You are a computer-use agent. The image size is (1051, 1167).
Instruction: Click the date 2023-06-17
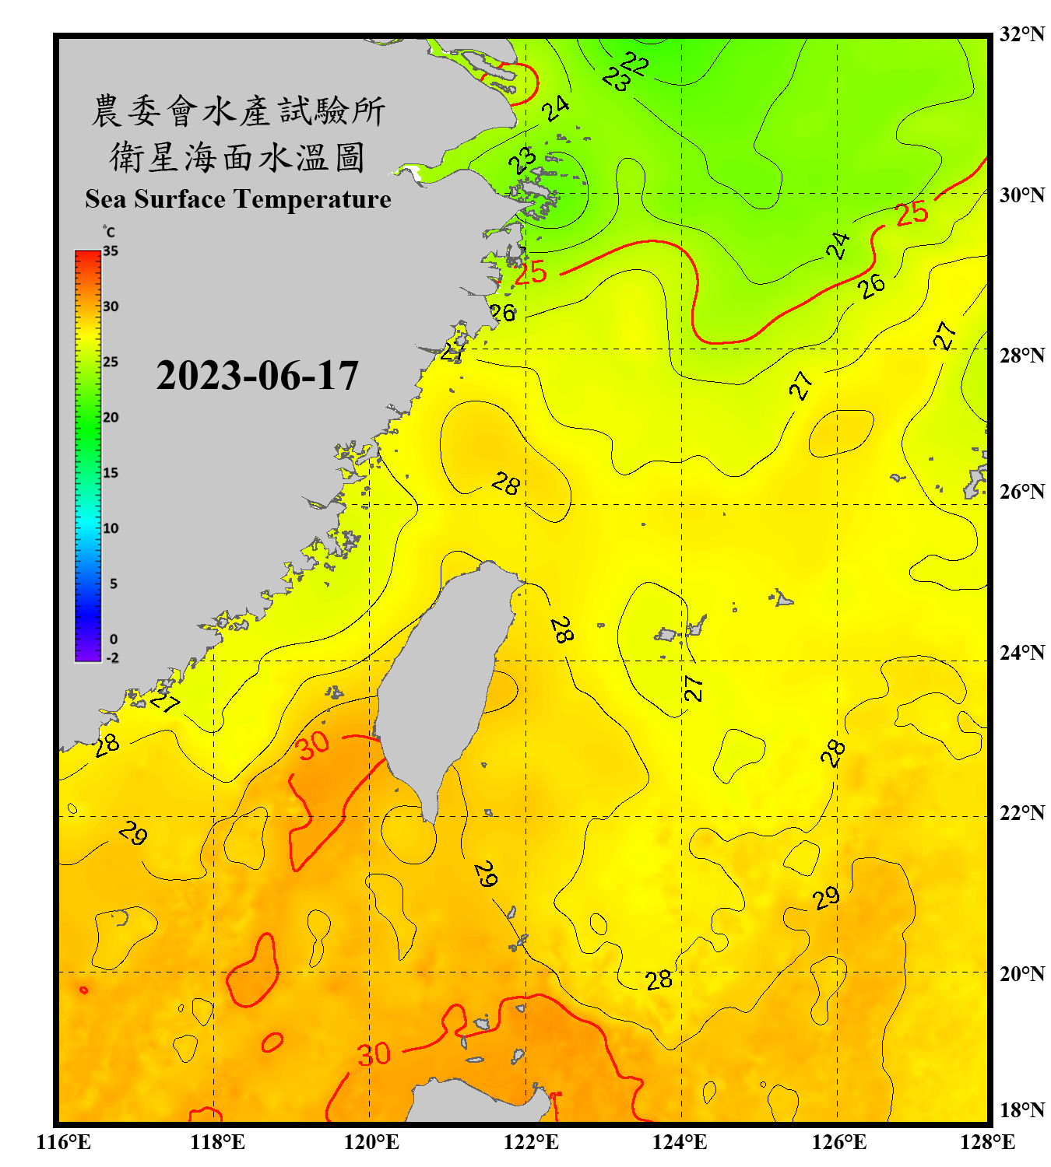click(257, 376)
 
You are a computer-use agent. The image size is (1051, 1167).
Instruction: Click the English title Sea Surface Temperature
click(238, 199)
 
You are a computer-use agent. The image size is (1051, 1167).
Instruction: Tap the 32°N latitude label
click(1021, 34)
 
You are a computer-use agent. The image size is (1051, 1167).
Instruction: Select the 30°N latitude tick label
click(1021, 194)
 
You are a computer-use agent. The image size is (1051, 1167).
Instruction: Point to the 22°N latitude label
click(1021, 813)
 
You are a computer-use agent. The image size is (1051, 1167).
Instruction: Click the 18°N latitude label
click(1021, 1110)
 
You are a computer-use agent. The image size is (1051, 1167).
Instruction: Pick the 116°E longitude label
click(63, 1142)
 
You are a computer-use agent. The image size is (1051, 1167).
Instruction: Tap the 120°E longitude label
click(371, 1142)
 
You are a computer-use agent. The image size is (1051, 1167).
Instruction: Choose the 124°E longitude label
click(680, 1142)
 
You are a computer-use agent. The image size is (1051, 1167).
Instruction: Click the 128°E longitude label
click(987, 1142)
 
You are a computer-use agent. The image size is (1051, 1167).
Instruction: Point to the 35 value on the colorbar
click(111, 251)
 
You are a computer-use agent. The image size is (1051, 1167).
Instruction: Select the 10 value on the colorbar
click(111, 528)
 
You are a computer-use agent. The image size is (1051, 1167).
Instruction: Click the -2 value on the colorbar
click(112, 657)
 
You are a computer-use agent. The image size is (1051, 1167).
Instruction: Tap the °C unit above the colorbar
click(109, 232)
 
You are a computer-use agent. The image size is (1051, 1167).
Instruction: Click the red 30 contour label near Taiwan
click(313, 745)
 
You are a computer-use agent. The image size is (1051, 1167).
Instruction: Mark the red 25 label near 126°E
click(912, 213)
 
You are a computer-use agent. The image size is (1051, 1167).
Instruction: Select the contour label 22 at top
click(635, 62)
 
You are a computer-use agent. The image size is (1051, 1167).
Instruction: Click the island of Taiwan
click(444, 677)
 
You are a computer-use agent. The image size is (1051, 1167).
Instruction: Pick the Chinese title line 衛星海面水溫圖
click(237, 157)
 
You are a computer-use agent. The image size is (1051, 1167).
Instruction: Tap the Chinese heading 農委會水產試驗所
click(237, 110)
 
